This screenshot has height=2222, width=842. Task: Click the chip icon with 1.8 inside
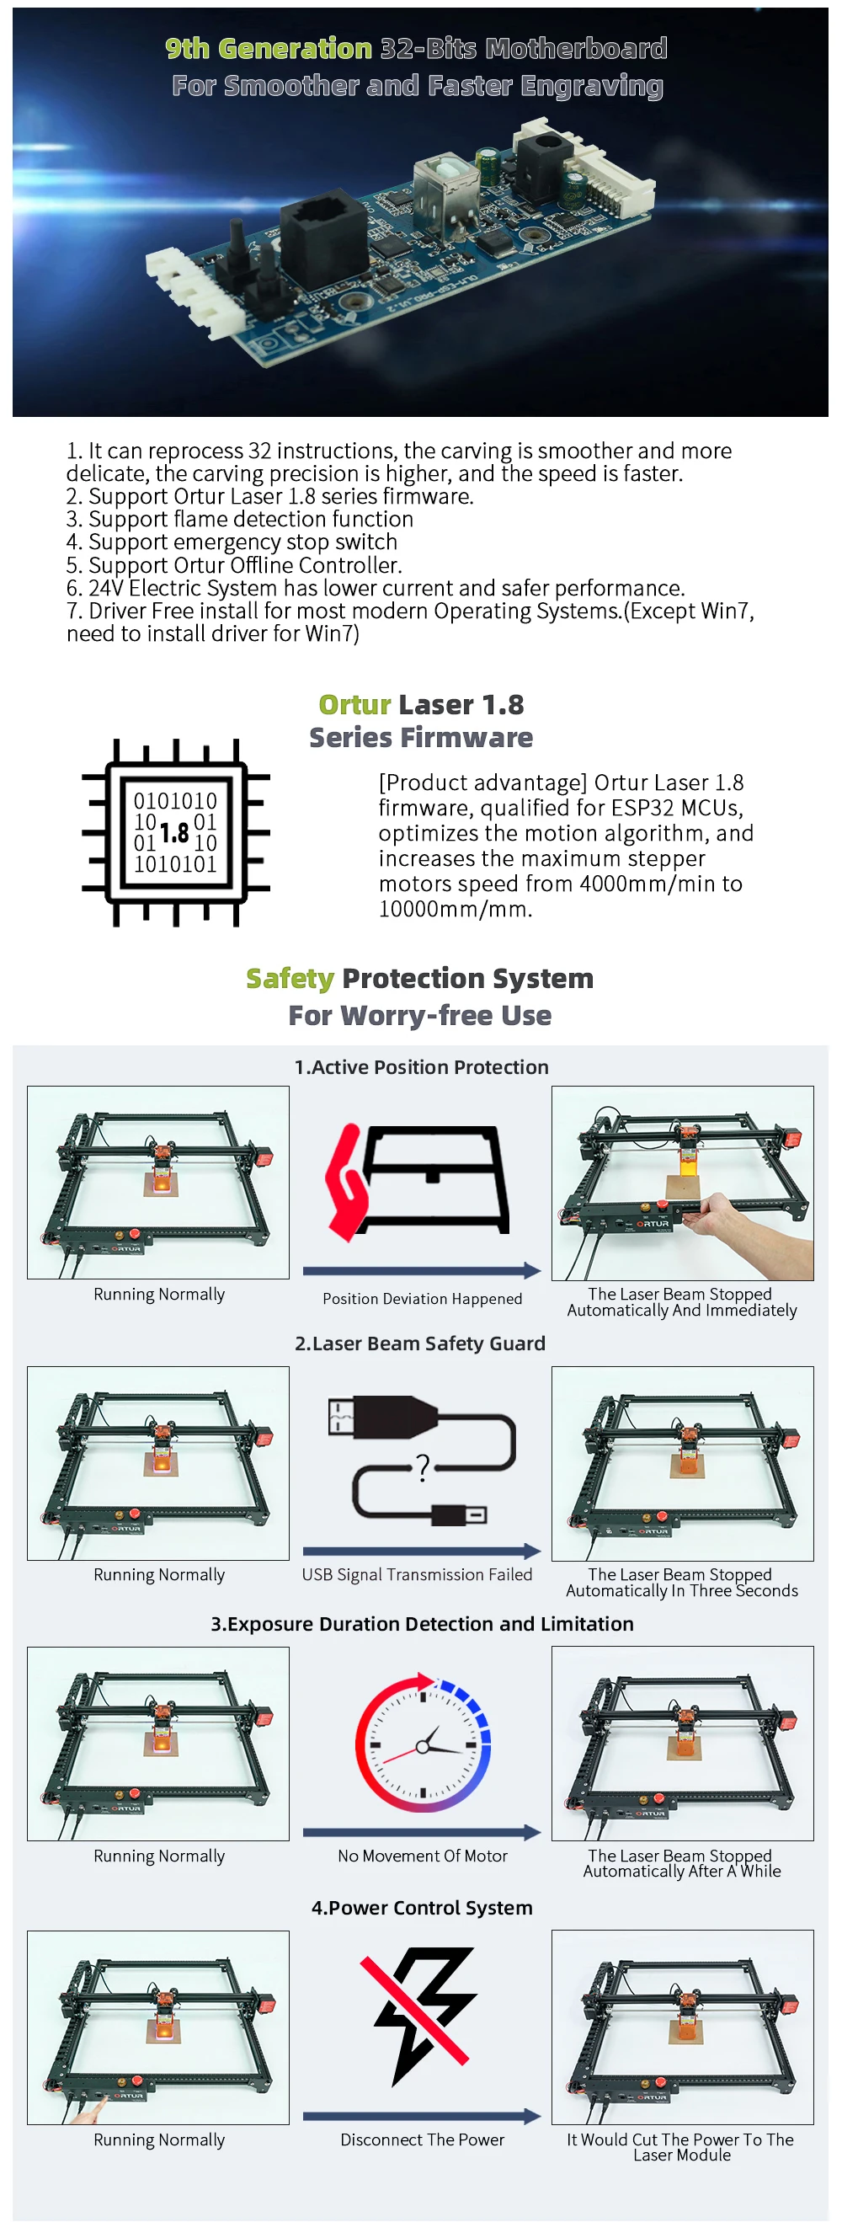176,832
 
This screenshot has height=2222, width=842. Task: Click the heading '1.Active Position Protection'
421,1067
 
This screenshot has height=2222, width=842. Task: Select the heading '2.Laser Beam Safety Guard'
420,1343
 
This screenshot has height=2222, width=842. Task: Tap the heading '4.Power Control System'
422,1907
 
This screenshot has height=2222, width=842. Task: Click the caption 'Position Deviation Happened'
422,1298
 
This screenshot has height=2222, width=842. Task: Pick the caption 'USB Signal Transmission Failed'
417,1574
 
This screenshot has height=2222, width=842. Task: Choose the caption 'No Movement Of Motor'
423,1856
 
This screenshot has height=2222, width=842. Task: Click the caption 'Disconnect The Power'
422,2139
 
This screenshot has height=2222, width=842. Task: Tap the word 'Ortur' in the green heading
354,705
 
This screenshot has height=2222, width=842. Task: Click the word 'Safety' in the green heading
290,979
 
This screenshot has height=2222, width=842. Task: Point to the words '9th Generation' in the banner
269,48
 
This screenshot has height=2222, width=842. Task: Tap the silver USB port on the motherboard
447,184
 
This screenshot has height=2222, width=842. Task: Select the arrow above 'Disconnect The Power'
422,2116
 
